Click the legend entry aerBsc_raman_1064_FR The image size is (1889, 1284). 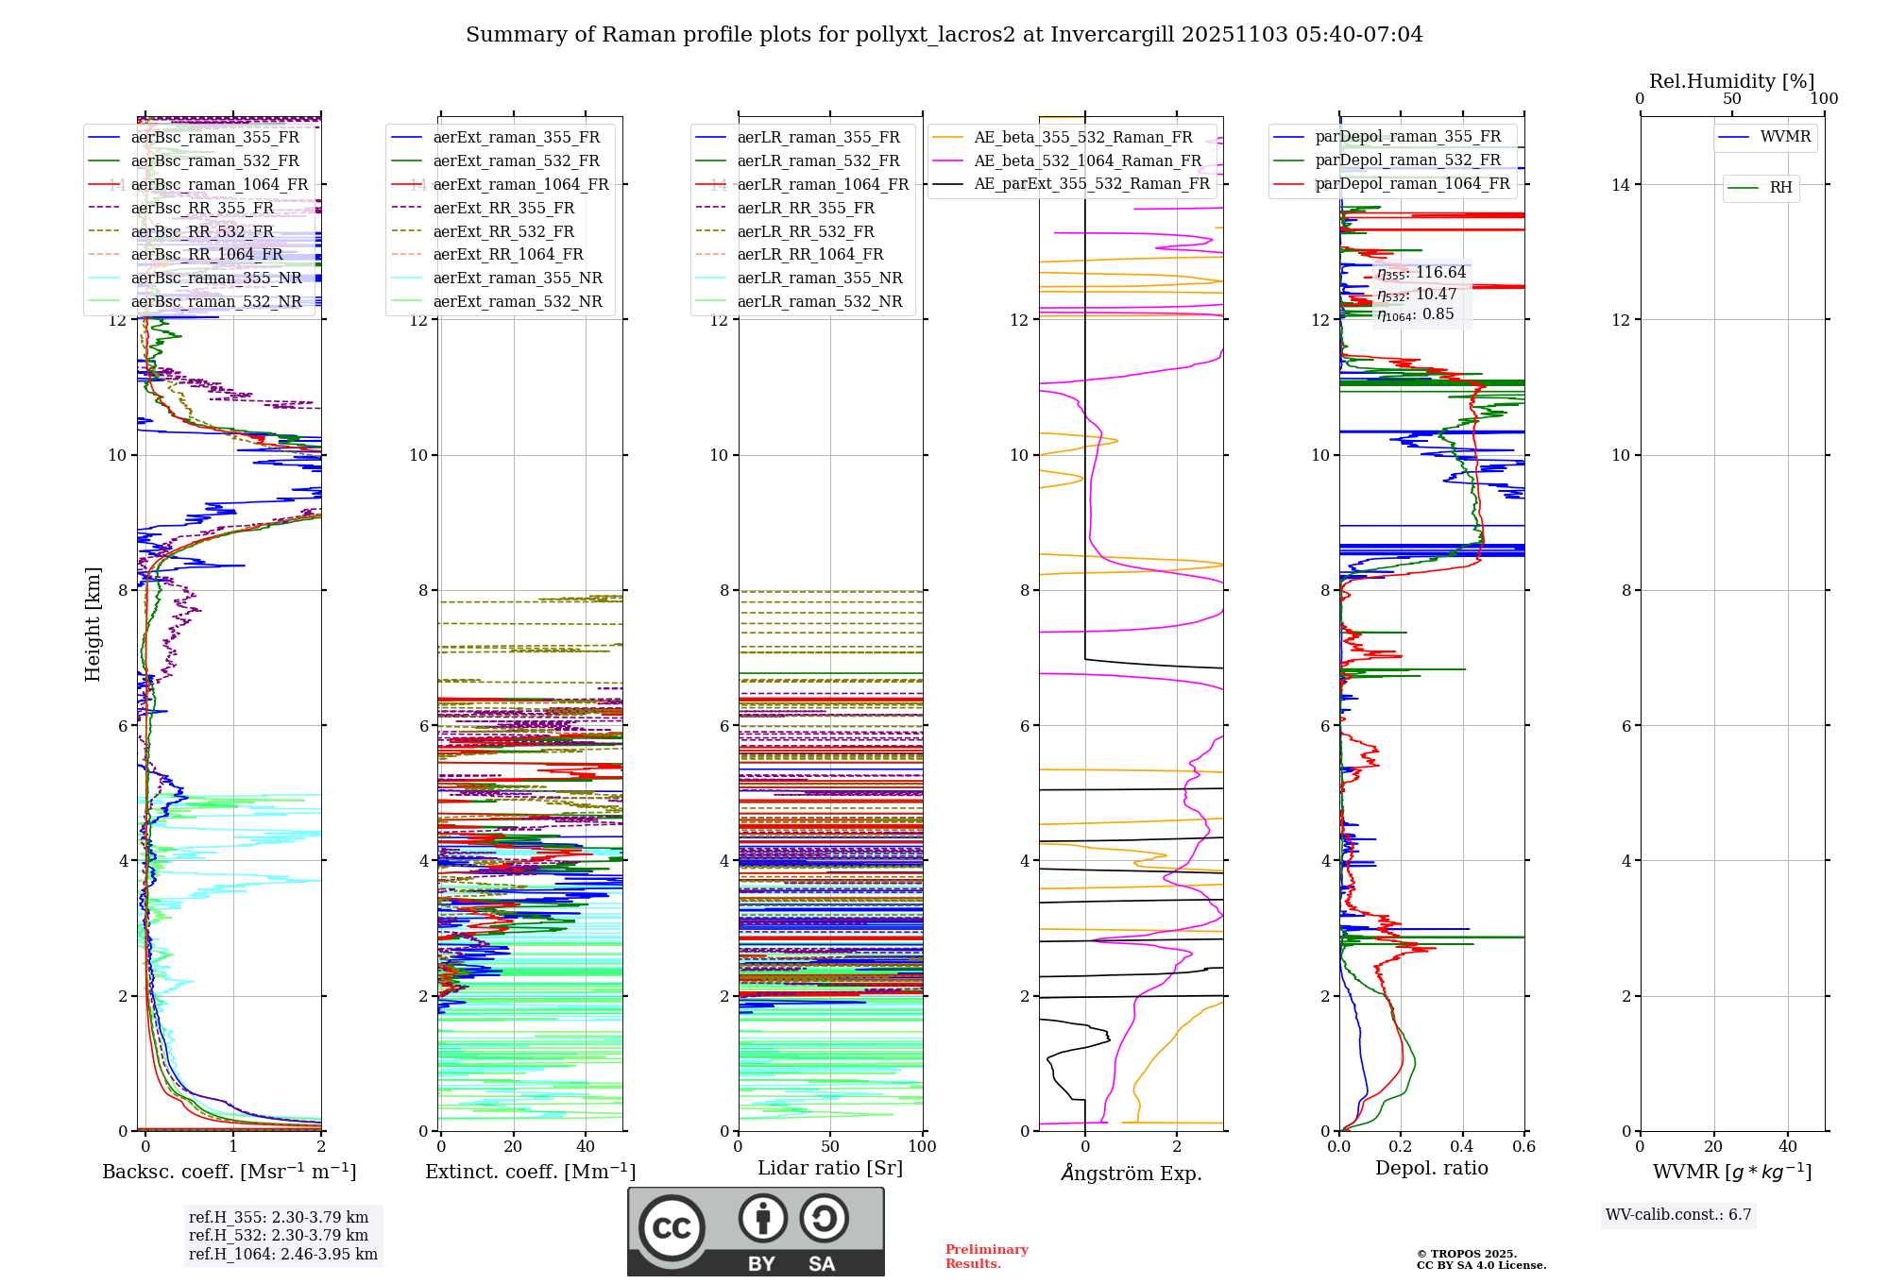pos(219,185)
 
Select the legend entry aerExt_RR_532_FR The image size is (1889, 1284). pos(503,231)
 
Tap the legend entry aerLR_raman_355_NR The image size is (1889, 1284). pos(820,279)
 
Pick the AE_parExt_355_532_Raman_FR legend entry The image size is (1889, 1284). pos(1091,184)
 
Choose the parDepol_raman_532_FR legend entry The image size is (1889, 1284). pos(1407,160)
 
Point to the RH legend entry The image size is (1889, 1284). pos(1780,188)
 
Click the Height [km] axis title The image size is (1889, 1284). pos(93,624)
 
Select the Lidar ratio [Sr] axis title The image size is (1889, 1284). pos(830,1169)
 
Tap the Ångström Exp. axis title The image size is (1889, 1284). pos(1132,1173)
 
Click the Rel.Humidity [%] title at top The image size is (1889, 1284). pos(1731,81)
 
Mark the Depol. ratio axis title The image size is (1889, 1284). pos(1431,1169)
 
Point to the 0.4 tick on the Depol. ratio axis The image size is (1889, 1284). pos(1462,1147)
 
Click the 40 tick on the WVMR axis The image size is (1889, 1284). pos(1788,1147)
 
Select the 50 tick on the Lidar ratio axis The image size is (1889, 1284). pos(830,1147)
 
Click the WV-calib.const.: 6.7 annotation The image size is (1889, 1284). pos(1678,1215)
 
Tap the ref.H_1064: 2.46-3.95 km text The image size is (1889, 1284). pos(283,1255)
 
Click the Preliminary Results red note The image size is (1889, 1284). pos(986,1257)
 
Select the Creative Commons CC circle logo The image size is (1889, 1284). pos(672,1227)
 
